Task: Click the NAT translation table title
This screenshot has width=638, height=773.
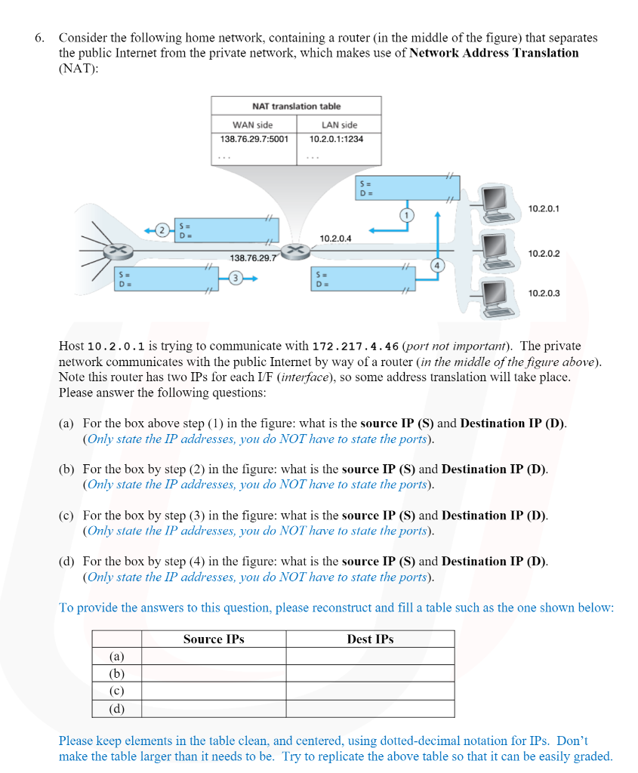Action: [296, 106]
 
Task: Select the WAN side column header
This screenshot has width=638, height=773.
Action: [253, 125]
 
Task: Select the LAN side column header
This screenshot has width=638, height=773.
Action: [339, 125]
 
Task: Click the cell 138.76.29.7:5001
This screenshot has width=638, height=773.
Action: [254, 139]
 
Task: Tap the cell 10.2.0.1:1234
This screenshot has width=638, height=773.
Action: [336, 139]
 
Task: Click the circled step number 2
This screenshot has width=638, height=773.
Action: [161, 229]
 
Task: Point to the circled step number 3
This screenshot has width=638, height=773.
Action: [236, 279]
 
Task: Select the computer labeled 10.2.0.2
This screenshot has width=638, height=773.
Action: [495, 247]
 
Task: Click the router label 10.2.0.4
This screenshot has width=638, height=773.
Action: [335, 239]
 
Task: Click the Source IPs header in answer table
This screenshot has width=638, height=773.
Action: [214, 639]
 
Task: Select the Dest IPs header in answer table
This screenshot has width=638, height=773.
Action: [370, 639]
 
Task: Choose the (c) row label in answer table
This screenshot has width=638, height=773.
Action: [117, 691]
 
